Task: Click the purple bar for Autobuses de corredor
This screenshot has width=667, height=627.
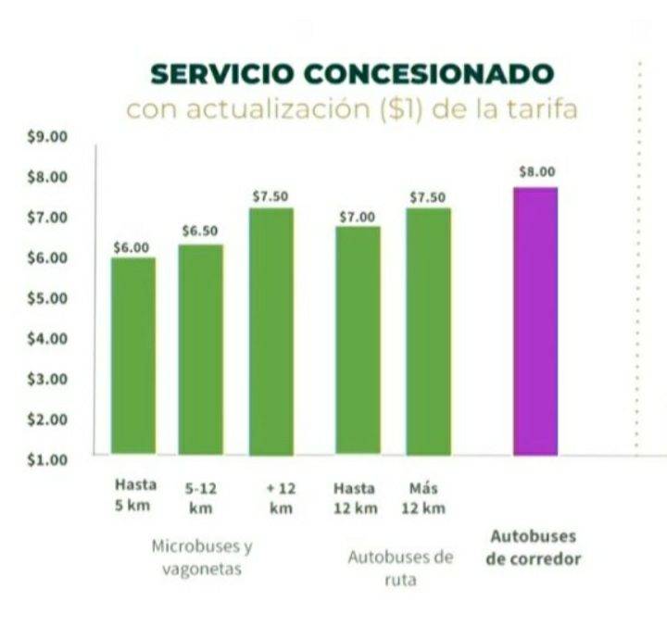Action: (x=535, y=320)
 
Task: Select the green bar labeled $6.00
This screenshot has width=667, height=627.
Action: (x=132, y=356)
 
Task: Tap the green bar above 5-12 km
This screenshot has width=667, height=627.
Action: (x=200, y=349)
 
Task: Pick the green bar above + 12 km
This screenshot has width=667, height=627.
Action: (x=271, y=331)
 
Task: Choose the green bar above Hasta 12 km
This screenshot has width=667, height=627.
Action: (x=357, y=340)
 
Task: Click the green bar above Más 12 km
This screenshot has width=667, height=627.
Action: (x=427, y=331)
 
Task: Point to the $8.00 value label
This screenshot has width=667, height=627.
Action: (x=536, y=171)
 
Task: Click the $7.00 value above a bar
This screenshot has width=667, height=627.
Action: (x=357, y=217)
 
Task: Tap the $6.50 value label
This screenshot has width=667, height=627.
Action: (x=200, y=230)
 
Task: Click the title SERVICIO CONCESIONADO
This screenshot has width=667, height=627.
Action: (x=352, y=73)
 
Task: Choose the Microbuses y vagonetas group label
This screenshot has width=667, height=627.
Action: (x=201, y=557)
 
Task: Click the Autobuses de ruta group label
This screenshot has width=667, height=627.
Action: (x=400, y=569)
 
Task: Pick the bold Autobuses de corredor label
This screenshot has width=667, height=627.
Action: (x=533, y=547)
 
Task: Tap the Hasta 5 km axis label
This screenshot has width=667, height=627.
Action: (x=135, y=495)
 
